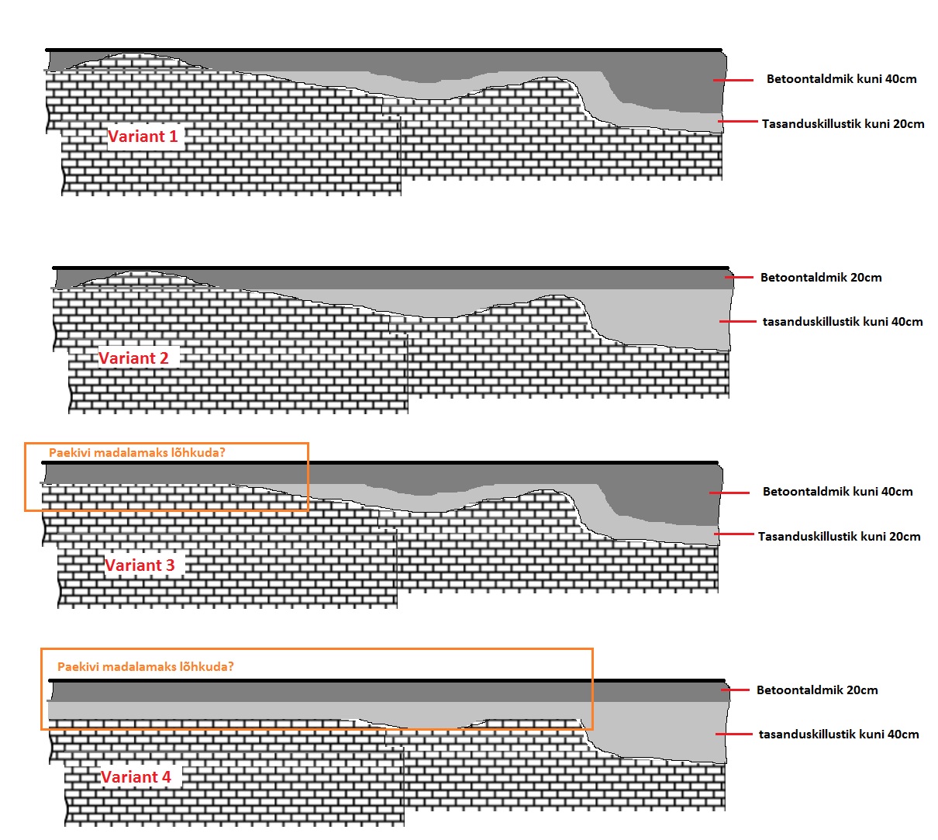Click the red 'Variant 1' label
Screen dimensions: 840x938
[143, 137]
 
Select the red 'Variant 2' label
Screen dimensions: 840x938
[133, 358]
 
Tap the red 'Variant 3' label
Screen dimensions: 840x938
[140, 565]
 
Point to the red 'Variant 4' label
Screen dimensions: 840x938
[136, 776]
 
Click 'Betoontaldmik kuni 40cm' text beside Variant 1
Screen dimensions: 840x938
[841, 79]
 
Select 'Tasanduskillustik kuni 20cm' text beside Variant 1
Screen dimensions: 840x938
[843, 124]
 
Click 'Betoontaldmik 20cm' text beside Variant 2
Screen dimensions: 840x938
[821, 278]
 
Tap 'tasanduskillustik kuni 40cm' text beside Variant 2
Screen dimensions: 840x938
[843, 322]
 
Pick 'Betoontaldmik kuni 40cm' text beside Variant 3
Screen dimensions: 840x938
[837, 492]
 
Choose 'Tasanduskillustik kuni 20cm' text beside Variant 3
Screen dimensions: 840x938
[839, 537]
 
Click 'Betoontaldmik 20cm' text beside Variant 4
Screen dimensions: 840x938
[817, 690]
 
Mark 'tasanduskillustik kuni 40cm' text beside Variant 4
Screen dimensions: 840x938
[839, 735]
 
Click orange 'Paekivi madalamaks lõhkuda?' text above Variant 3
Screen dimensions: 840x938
[136, 453]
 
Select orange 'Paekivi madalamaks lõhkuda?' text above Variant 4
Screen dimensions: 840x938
[145, 666]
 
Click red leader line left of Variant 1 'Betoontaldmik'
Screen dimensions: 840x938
[733, 80]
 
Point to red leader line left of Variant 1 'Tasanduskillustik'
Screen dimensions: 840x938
[736, 122]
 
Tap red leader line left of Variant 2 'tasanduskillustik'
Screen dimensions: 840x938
[736, 320]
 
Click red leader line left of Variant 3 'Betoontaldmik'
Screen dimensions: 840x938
[729, 492]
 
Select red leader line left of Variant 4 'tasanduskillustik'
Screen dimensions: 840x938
[732, 733]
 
